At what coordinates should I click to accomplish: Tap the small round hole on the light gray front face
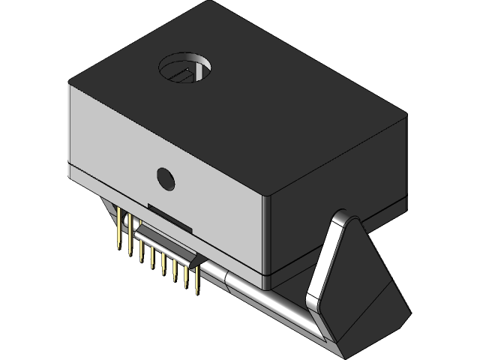(165, 178)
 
